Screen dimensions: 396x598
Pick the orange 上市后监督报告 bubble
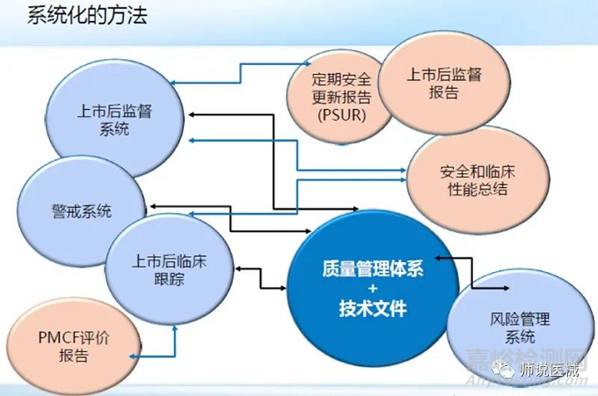pyautogui.click(x=444, y=84)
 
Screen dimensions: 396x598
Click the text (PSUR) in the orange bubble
pyautogui.click(x=338, y=114)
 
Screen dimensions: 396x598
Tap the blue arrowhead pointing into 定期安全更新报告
pyautogui.click(x=308, y=64)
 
